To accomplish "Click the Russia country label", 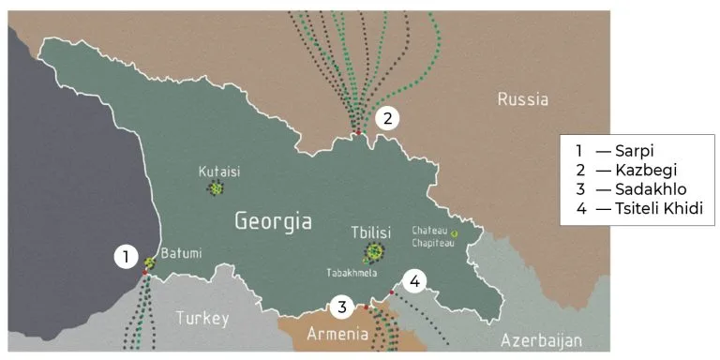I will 522,99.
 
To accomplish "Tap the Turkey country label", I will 202,318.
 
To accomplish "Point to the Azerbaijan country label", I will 541,339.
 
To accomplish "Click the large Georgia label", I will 273,222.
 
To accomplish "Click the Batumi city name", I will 181,253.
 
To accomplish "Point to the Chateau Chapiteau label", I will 432,236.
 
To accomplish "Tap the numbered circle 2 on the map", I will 386,118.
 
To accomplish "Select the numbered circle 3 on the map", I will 343,306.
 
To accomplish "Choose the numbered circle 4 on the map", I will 415,279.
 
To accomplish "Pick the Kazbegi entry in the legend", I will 630,170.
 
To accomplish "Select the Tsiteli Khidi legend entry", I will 639,208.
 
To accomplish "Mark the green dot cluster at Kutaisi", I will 217,188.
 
